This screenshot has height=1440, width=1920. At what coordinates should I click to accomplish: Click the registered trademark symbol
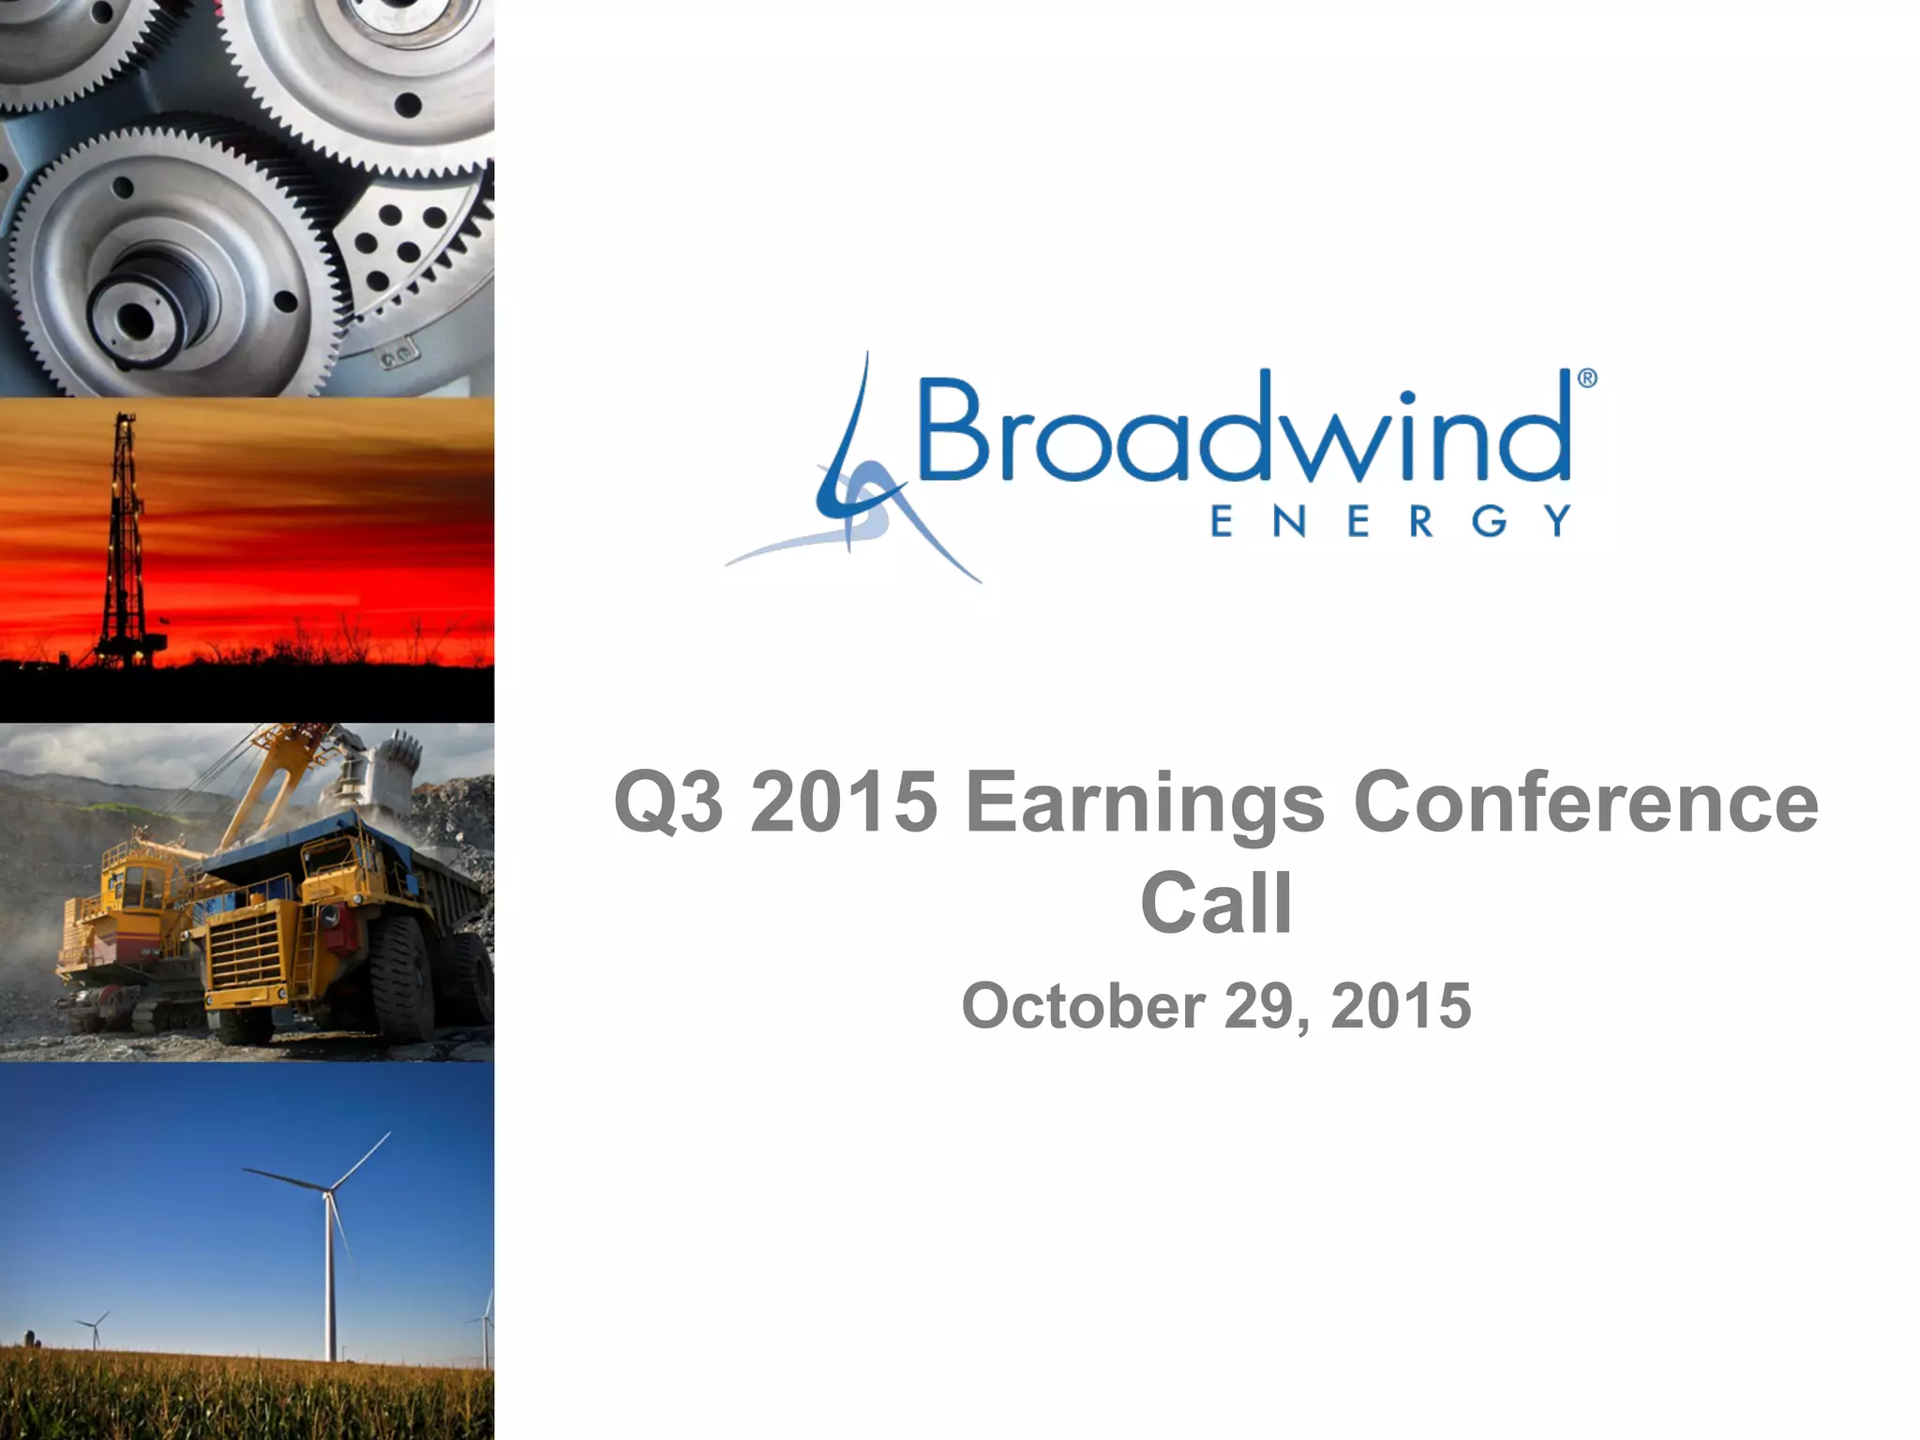coord(1586,379)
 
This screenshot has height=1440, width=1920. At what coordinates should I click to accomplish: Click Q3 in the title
coord(668,802)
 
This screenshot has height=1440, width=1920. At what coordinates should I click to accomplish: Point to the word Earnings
coord(1145,804)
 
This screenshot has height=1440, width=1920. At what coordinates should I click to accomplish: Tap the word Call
coord(1216,904)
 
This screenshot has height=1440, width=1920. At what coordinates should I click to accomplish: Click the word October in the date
coord(1083,1007)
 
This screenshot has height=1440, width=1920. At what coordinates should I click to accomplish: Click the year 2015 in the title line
coord(844,802)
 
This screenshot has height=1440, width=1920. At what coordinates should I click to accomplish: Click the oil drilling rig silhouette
coord(123,544)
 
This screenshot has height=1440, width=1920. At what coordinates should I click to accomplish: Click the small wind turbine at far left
coord(94,1327)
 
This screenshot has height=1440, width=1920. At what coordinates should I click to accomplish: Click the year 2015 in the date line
coord(1401,1007)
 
